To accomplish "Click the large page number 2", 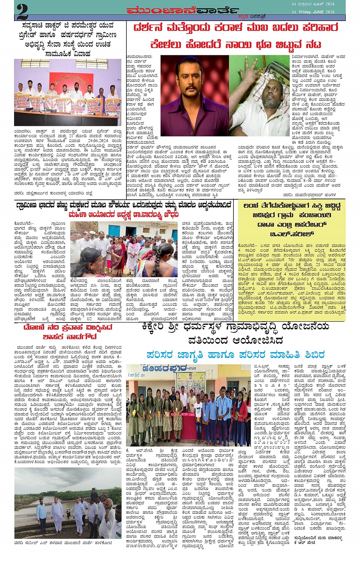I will tap(22, 11).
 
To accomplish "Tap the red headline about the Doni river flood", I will tap(68, 332).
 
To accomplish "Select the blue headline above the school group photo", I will tap(235, 354).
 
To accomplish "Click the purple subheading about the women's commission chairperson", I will tap(123, 215).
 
